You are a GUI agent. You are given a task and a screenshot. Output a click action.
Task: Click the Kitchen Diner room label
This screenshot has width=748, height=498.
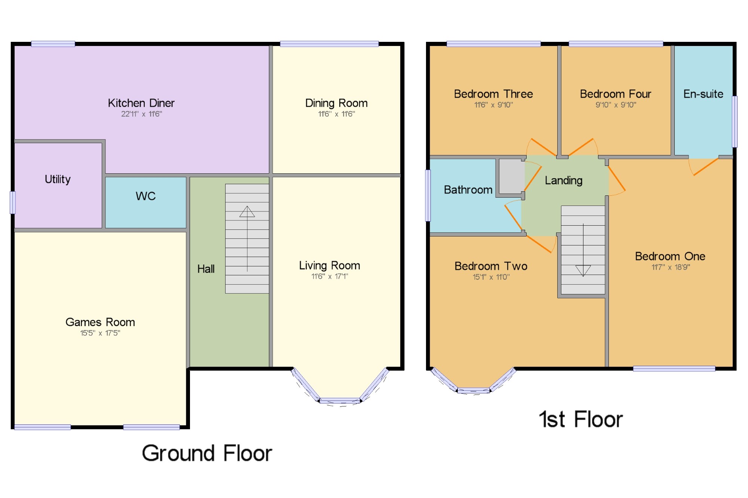click(141, 103)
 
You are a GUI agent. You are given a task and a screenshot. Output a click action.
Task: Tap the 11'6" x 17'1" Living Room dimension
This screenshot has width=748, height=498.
click(329, 276)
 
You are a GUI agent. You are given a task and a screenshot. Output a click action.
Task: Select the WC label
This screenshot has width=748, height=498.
click(145, 196)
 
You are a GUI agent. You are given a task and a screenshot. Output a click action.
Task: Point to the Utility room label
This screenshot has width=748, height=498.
click(58, 179)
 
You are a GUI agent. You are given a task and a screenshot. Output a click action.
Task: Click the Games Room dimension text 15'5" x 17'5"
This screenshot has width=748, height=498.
click(100, 333)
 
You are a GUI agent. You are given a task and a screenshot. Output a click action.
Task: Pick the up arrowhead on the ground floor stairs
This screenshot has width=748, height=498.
click(247, 211)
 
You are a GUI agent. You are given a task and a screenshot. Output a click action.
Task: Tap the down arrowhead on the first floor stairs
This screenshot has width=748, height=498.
click(583, 270)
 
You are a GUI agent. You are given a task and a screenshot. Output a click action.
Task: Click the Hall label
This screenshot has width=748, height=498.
click(206, 269)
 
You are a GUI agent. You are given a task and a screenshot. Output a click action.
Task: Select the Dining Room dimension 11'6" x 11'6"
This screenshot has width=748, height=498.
click(337, 114)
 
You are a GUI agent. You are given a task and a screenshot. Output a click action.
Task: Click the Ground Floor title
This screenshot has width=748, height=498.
click(207, 454)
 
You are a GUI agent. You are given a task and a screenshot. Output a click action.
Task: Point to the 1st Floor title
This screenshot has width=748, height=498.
click(581, 419)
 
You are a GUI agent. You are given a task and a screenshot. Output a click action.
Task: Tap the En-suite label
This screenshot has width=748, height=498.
click(703, 94)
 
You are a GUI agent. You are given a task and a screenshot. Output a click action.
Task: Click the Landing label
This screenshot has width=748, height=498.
click(564, 181)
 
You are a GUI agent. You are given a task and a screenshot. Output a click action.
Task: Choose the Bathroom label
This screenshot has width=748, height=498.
click(468, 190)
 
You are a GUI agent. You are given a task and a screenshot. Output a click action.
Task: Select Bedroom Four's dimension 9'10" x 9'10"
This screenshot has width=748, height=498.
click(616, 105)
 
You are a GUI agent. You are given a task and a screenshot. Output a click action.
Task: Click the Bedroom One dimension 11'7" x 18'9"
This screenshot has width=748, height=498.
click(671, 267)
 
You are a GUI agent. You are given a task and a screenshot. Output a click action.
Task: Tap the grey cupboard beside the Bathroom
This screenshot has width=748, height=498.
click(511, 176)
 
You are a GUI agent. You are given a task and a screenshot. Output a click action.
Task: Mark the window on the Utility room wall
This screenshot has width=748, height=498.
click(13, 202)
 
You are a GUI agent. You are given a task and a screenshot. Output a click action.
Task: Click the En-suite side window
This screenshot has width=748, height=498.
click(735, 121)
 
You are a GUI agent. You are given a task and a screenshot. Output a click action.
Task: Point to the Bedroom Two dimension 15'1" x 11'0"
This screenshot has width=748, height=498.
click(491, 277)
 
